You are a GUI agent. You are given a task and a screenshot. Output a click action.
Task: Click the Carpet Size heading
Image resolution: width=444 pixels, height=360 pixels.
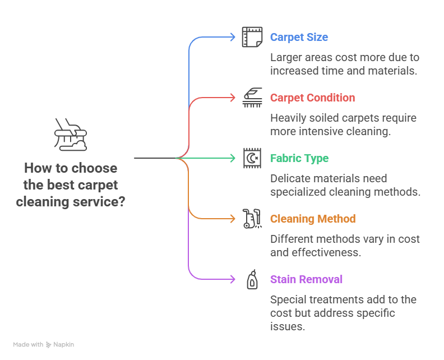(x=299, y=37)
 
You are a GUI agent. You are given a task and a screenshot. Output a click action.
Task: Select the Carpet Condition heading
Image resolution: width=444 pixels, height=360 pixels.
(x=312, y=98)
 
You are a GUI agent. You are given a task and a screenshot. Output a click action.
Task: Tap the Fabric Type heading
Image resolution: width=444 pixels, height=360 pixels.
(x=299, y=158)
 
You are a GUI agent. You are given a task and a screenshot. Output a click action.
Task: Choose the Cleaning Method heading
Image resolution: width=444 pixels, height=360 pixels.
(x=313, y=219)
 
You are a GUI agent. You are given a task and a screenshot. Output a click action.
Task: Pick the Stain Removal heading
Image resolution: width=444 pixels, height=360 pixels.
(x=306, y=279)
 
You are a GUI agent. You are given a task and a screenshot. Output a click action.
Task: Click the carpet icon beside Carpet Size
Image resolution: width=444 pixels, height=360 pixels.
(x=252, y=37)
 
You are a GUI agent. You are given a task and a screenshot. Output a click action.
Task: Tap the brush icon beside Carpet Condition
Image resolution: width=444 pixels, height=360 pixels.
(x=252, y=98)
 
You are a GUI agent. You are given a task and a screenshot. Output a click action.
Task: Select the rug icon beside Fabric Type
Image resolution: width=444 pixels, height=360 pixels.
(x=252, y=158)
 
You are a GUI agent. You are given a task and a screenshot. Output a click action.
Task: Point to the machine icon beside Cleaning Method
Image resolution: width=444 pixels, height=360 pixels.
(x=252, y=219)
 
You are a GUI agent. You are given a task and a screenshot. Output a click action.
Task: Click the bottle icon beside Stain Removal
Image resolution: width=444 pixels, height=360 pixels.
(x=252, y=279)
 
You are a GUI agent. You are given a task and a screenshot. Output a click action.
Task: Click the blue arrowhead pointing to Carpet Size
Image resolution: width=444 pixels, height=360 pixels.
(x=233, y=37)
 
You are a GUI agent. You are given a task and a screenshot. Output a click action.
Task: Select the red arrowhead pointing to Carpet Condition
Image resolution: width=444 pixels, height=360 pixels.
(x=233, y=98)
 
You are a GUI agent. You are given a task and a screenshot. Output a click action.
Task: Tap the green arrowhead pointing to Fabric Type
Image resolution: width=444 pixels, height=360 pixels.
(x=233, y=158)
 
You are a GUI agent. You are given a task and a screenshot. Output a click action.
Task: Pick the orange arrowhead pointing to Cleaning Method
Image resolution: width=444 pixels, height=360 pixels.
(x=233, y=219)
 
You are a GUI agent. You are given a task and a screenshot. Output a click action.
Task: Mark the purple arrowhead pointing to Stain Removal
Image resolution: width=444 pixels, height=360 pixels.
(x=233, y=279)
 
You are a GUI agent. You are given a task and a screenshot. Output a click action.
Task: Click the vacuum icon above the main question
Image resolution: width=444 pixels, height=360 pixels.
(x=71, y=135)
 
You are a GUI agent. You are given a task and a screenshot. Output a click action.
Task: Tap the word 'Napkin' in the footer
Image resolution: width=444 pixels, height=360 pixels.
(x=64, y=344)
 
